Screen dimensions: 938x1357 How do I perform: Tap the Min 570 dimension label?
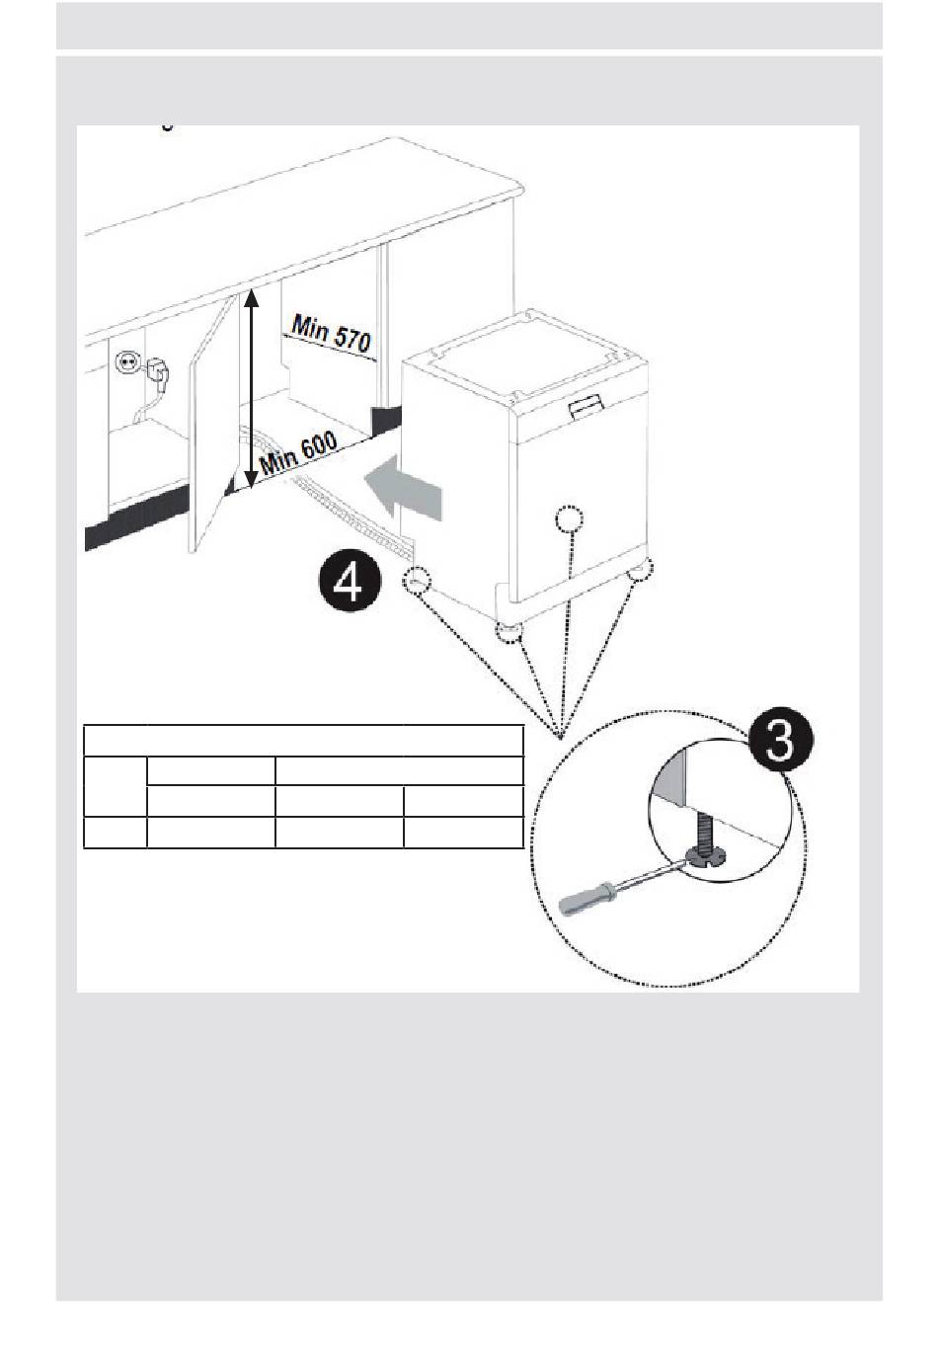pyautogui.click(x=330, y=333)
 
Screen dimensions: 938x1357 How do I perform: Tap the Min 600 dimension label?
pyautogui.click(x=298, y=453)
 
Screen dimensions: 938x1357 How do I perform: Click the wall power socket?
pyautogui.click(x=127, y=363)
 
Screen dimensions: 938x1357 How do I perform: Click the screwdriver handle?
pyautogui.click(x=586, y=901)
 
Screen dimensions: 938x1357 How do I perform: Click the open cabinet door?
pyautogui.click(x=213, y=424)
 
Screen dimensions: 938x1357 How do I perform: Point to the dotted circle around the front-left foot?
pyautogui.click(x=508, y=634)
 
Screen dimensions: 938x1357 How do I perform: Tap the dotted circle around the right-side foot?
pyautogui.click(x=640, y=570)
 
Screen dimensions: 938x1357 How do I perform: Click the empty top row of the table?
pyautogui.click(x=303, y=741)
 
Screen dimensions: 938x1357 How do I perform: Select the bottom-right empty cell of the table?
pyautogui.click(x=463, y=833)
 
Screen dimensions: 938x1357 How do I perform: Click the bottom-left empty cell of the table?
pyautogui.click(x=116, y=833)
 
